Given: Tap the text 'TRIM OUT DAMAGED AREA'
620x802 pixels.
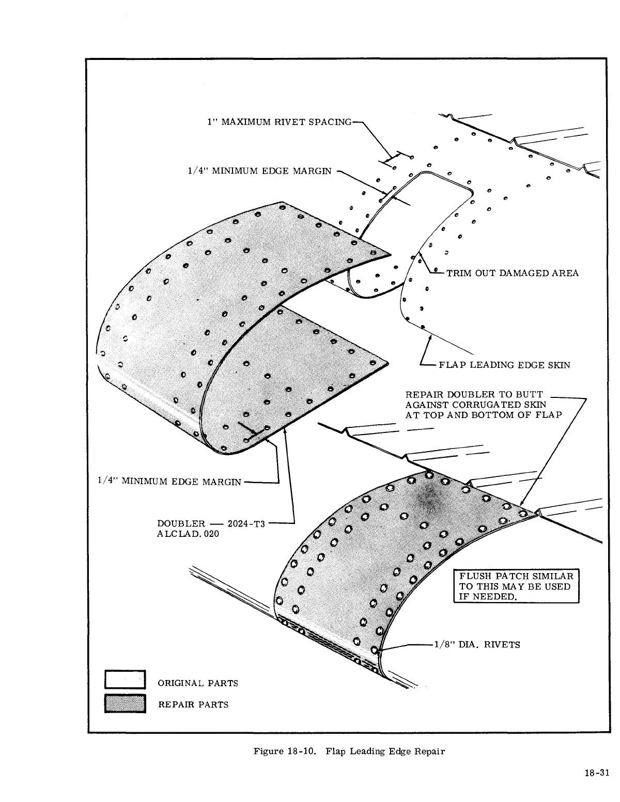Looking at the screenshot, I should [x=512, y=273].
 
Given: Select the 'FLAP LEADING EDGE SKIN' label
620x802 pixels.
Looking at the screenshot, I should [x=504, y=365].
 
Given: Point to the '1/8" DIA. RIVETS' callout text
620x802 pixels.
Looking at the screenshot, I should [x=477, y=644].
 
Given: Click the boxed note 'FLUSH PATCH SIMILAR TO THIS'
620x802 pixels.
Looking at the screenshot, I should [x=516, y=586].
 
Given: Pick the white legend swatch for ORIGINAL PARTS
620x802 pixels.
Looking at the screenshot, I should [x=126, y=680].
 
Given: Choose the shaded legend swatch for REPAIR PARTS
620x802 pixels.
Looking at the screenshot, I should [x=126, y=704].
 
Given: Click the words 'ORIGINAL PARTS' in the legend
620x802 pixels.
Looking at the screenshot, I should [x=198, y=683].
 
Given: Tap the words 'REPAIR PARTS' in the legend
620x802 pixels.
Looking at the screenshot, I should [x=193, y=704].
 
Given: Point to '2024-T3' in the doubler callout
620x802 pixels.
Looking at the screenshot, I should [x=246, y=524].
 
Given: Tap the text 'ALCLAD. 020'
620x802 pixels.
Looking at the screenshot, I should [x=188, y=534].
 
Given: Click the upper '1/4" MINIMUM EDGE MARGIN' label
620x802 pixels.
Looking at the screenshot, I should [x=260, y=171].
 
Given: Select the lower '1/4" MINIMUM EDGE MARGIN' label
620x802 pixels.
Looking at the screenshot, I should [x=169, y=482].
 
